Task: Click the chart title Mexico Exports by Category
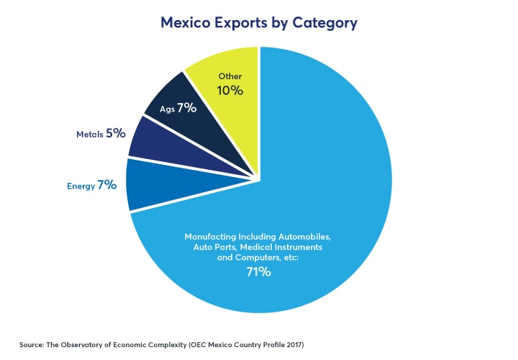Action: coord(259,23)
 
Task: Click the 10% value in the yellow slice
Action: coord(230,91)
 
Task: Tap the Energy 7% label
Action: coord(91,185)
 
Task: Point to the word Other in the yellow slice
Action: coord(230,76)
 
